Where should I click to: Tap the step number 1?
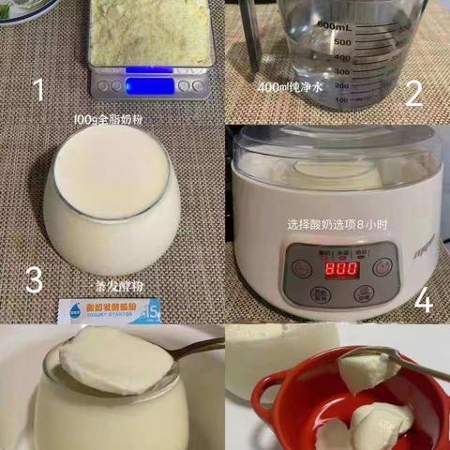coord(38,90)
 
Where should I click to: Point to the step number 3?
coord(34,279)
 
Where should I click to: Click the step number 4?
coord(424,300)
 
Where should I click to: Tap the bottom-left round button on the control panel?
coord(302,294)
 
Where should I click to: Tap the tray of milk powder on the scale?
coord(150,32)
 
